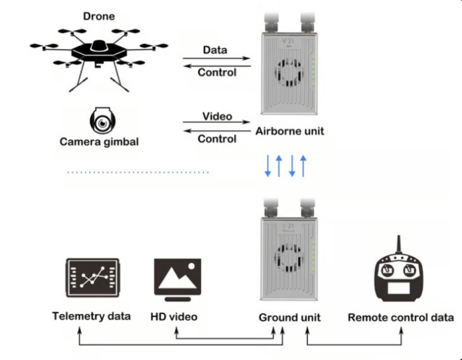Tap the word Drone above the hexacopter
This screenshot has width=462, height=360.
click(x=100, y=15)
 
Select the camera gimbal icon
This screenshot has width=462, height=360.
click(x=102, y=120)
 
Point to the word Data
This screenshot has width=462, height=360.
click(x=215, y=49)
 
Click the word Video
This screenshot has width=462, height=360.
click(x=217, y=116)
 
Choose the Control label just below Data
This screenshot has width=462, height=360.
click(x=217, y=73)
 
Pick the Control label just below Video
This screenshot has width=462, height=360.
click(x=217, y=139)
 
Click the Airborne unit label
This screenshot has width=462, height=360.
click(x=289, y=132)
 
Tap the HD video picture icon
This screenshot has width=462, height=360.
click(x=178, y=278)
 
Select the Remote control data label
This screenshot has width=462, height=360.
click(x=400, y=317)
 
